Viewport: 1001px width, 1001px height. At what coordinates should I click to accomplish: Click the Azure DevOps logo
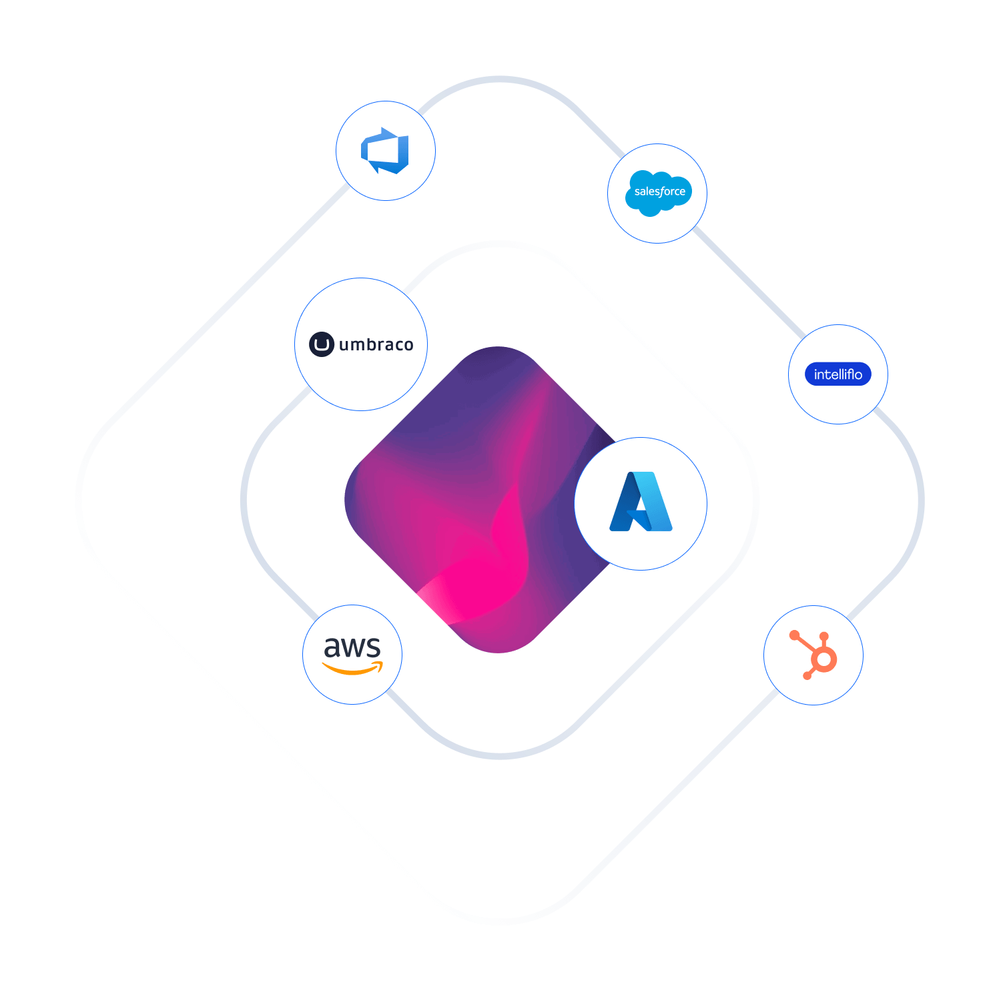(x=385, y=151)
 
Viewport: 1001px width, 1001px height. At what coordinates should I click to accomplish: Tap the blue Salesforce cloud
(x=659, y=193)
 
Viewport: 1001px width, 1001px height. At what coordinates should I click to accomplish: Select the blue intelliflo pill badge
(x=838, y=374)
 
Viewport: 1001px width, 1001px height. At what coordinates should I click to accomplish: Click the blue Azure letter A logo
(x=641, y=502)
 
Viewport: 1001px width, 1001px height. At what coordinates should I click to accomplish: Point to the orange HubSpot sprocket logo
(x=815, y=655)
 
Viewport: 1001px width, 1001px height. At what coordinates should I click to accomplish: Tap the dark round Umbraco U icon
(x=322, y=344)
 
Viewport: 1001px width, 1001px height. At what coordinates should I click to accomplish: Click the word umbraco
(x=376, y=345)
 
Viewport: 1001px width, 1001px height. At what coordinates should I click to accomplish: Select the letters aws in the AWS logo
(x=352, y=647)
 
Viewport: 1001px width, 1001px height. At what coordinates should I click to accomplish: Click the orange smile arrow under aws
(x=353, y=668)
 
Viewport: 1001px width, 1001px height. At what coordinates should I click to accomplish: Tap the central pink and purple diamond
(x=467, y=500)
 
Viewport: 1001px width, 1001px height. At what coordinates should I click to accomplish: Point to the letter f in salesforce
(x=663, y=192)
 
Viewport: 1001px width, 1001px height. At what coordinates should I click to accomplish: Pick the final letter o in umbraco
(x=408, y=346)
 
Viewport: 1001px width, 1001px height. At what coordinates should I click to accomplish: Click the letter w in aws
(x=352, y=648)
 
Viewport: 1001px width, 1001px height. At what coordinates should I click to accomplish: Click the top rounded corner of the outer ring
(x=500, y=79)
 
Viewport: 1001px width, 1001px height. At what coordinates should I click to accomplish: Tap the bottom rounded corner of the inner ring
(x=500, y=756)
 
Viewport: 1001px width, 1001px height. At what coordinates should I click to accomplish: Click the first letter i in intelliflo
(x=815, y=374)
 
